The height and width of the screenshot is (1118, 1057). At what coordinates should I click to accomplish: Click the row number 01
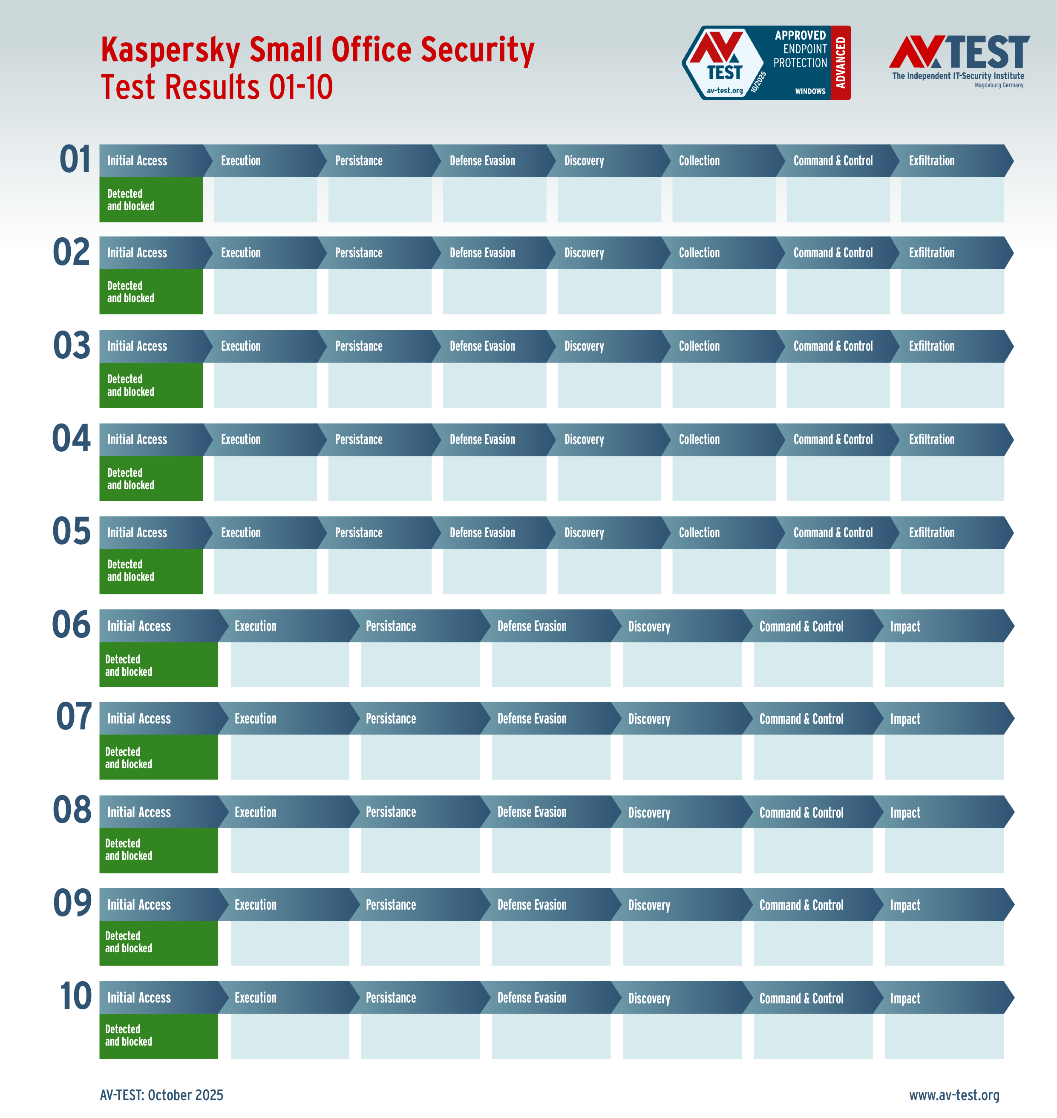coord(75,160)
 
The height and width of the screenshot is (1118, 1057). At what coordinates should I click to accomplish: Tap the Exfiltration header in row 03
coord(931,346)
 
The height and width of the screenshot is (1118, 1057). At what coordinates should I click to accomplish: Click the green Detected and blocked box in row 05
coord(150,571)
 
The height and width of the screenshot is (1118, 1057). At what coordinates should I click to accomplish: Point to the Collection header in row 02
coord(699,253)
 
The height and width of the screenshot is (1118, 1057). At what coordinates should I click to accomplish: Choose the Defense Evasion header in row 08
coord(531,812)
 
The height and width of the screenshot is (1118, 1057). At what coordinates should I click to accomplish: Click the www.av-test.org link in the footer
coord(954,1095)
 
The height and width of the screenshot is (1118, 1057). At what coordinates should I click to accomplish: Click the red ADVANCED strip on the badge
coord(841,63)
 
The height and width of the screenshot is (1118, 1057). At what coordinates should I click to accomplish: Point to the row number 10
coord(75,996)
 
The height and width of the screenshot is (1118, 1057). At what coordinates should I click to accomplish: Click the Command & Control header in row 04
coord(833,440)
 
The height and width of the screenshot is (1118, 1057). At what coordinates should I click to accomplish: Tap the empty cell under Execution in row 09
coord(290,943)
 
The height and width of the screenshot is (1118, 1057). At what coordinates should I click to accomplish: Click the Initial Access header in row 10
coord(138,998)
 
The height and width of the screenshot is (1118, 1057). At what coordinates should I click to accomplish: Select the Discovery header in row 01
coord(584,161)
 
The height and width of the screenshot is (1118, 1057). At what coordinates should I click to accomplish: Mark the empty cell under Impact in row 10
coord(944,1036)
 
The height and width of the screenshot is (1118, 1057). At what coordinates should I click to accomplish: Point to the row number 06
coord(71,625)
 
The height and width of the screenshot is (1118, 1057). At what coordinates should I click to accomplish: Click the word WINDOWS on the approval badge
coord(809,91)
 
